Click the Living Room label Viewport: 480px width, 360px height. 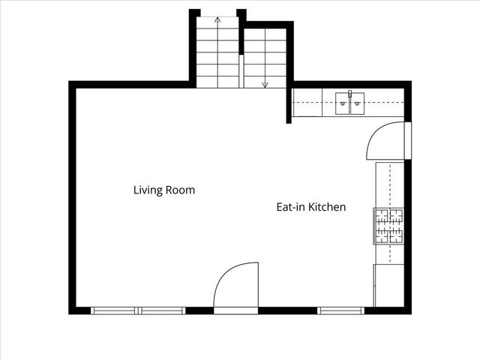pyautogui.click(x=164, y=190)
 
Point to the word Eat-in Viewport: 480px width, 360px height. pyautogui.click(x=289, y=207)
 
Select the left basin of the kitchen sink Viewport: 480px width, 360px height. pyautogui.click(x=342, y=103)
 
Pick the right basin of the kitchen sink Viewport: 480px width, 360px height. pyautogui.click(x=357, y=103)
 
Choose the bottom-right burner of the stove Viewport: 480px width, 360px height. pyautogui.click(x=395, y=235)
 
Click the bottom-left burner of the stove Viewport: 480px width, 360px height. pyautogui.click(x=382, y=235)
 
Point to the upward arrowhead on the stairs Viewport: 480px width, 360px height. pyautogui.click(x=217, y=19)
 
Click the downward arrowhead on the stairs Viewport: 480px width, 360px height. pyautogui.click(x=265, y=85)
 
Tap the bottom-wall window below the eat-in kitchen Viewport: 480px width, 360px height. pyautogui.click(x=340, y=310)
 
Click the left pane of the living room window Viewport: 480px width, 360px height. pyautogui.click(x=115, y=310)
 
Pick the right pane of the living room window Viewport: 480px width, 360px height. pyautogui.click(x=162, y=310)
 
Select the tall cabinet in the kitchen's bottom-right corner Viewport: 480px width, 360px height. pyautogui.click(x=389, y=285)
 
